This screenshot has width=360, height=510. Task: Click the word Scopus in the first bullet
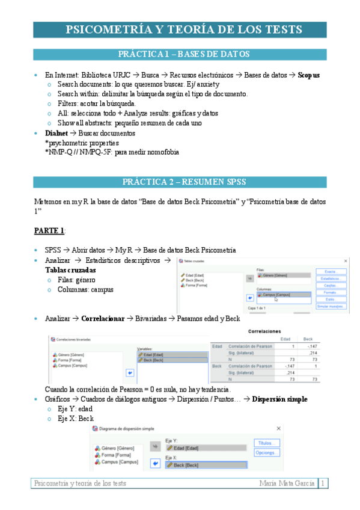coord(308,75)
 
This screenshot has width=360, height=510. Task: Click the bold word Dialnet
coord(56,133)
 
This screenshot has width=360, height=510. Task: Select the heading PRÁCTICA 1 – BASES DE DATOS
coord(184,54)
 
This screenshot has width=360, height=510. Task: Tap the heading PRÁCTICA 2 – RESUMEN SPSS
coord(184,182)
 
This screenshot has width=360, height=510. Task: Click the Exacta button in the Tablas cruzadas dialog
coord(332,272)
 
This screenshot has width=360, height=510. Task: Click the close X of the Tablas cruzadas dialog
coord(345,261)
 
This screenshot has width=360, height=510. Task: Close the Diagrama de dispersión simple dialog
coord(278,428)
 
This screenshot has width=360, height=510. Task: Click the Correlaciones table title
coord(264,331)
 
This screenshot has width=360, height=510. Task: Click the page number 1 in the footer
coord(323,483)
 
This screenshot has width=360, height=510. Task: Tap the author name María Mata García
coord(287,483)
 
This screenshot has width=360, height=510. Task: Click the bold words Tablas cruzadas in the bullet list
coord(70,270)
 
